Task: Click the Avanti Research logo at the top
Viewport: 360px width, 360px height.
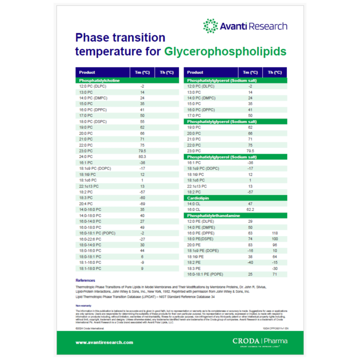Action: pos(245,26)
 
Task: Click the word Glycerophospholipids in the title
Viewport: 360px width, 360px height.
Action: pos(225,52)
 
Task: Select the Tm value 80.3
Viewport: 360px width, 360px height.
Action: pos(142,156)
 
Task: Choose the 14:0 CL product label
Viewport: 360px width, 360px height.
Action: pos(194,204)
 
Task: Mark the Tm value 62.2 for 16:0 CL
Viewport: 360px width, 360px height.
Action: pos(251,210)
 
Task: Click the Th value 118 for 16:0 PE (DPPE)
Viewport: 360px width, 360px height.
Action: pos(275,233)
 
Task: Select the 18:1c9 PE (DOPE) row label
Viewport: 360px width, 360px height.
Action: pos(203,250)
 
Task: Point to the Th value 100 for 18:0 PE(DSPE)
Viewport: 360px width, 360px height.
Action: pos(275,239)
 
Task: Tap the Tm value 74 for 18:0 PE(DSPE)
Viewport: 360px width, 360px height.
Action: pos(251,239)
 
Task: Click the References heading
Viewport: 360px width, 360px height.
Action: pos(85,280)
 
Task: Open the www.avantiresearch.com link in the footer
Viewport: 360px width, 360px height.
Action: pos(104,342)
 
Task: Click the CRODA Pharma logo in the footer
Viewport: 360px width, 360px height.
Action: pos(260,341)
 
